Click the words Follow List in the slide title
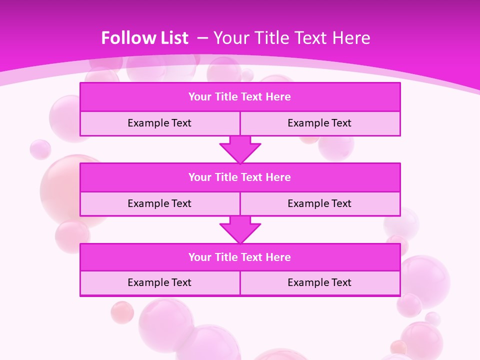[x=144, y=38]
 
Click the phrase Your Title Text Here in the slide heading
[x=291, y=38]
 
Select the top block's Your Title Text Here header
[x=239, y=97]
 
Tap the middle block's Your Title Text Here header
[x=239, y=177]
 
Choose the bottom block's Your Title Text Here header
[x=239, y=257]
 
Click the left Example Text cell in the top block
[x=159, y=123]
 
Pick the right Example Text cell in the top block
[x=319, y=123]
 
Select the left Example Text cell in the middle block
[x=159, y=203]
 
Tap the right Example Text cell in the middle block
[x=319, y=203]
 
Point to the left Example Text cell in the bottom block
[x=159, y=282]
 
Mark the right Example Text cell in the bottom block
[x=319, y=282]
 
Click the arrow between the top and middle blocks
[x=240, y=149]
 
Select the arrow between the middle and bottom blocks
[x=240, y=229]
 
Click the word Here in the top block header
[x=278, y=97]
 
